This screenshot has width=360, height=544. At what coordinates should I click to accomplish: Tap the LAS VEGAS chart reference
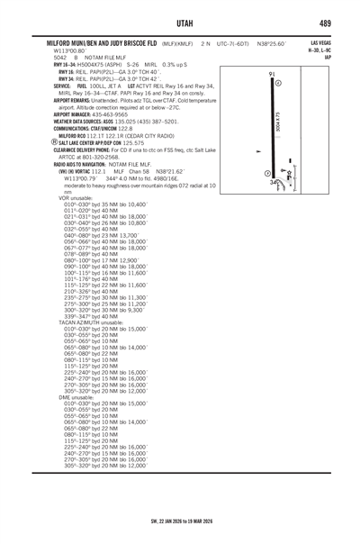click(319, 42)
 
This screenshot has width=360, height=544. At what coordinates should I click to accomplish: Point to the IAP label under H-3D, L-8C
click(328, 58)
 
